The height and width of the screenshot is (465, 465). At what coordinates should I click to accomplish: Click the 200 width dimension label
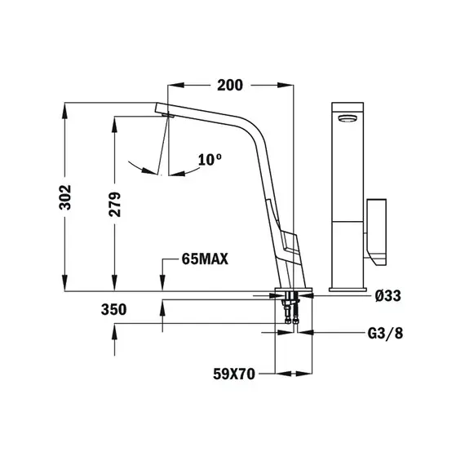[x=230, y=85]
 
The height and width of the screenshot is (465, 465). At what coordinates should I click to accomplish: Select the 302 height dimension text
[x=65, y=197]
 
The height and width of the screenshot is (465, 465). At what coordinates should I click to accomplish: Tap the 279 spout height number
[x=115, y=204]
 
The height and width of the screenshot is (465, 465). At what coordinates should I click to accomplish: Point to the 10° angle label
[x=210, y=160]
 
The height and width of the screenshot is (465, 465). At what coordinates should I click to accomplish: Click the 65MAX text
[x=205, y=259]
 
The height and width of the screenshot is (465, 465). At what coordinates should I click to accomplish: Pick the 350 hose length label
[x=114, y=310]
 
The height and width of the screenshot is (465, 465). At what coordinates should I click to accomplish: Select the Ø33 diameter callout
[x=387, y=295]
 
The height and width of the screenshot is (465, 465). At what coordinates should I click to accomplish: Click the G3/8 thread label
[x=385, y=334]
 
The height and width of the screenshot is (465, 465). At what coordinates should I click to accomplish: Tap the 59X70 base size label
[x=234, y=374]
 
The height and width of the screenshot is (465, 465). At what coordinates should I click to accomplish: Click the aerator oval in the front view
[x=348, y=118]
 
